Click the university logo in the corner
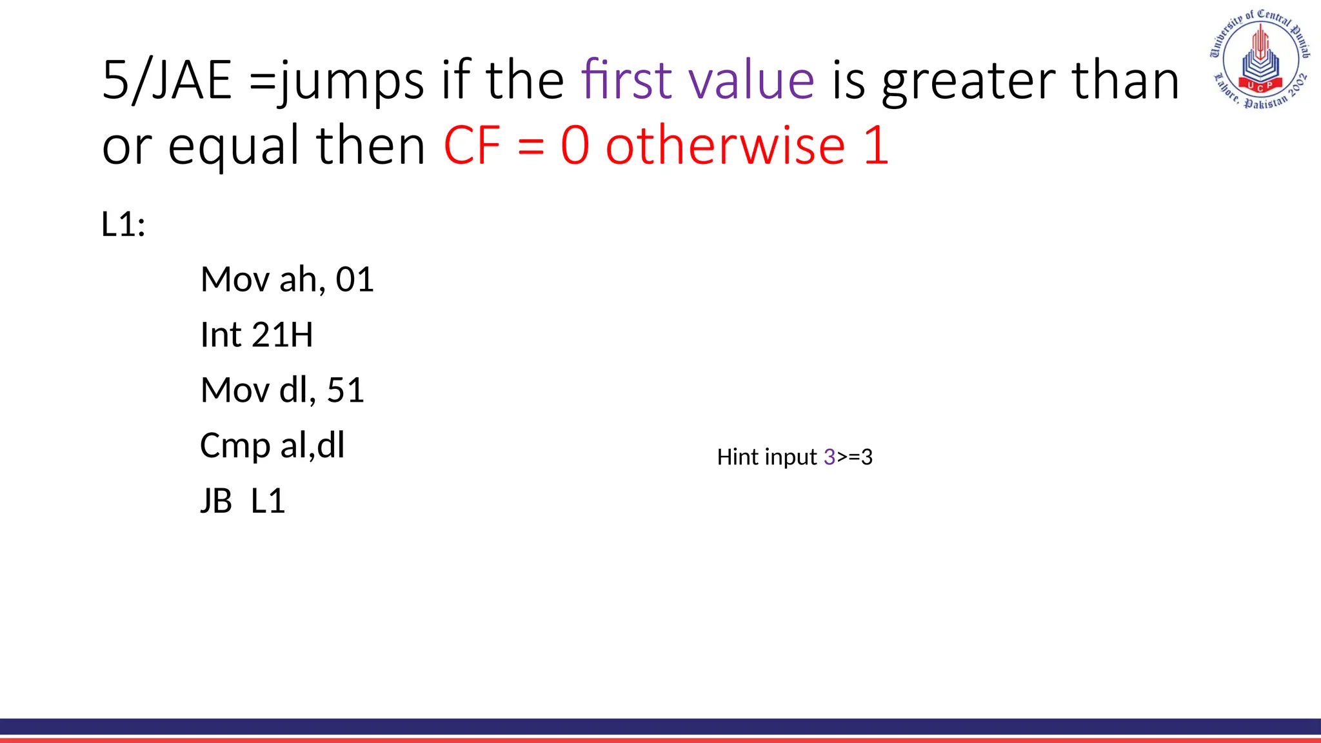(1259, 59)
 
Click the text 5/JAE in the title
(167, 80)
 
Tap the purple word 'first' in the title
(626, 80)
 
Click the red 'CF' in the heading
(472, 146)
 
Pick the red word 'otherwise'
(725, 146)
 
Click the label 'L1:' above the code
(123, 224)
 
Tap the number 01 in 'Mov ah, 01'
(355, 280)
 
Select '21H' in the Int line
(282, 335)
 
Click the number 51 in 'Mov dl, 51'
(346, 390)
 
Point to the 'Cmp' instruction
(234, 446)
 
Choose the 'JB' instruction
(216, 501)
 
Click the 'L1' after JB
(268, 501)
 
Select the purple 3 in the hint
(829, 457)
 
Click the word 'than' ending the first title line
(1126, 80)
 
